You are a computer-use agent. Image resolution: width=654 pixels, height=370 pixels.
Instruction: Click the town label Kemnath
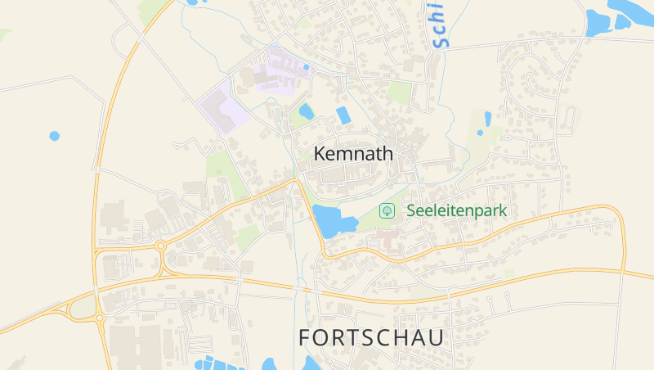pos(353,153)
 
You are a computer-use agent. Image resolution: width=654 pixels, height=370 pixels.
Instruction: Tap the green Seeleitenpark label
pos(456,210)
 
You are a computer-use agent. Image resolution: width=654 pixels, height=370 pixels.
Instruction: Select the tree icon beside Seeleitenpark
pos(388,210)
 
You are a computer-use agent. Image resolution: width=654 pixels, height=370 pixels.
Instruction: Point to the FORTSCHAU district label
pos(371,337)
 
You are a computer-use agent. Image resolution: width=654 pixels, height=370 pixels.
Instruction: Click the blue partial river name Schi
pos(438,23)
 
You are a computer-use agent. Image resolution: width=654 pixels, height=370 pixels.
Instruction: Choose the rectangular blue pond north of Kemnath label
pos(344,115)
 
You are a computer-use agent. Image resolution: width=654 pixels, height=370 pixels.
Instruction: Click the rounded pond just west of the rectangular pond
pos(307,111)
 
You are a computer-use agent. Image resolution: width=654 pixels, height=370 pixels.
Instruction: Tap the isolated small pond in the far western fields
pos(55,135)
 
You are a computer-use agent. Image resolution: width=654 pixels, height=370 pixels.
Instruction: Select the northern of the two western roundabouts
pos(161,245)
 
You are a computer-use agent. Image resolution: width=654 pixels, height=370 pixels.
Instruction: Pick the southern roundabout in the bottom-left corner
pos(99,318)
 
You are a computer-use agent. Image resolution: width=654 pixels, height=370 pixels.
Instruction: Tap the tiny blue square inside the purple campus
pos(307,67)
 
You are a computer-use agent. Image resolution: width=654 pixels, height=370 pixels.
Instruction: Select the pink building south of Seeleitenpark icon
pos(388,241)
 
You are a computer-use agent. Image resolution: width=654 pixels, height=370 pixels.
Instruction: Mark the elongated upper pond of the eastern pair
pos(488,119)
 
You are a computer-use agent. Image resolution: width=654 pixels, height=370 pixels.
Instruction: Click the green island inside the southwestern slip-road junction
pos(83,307)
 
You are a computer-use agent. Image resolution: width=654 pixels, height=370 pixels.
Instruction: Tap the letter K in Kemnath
pos(320,153)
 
